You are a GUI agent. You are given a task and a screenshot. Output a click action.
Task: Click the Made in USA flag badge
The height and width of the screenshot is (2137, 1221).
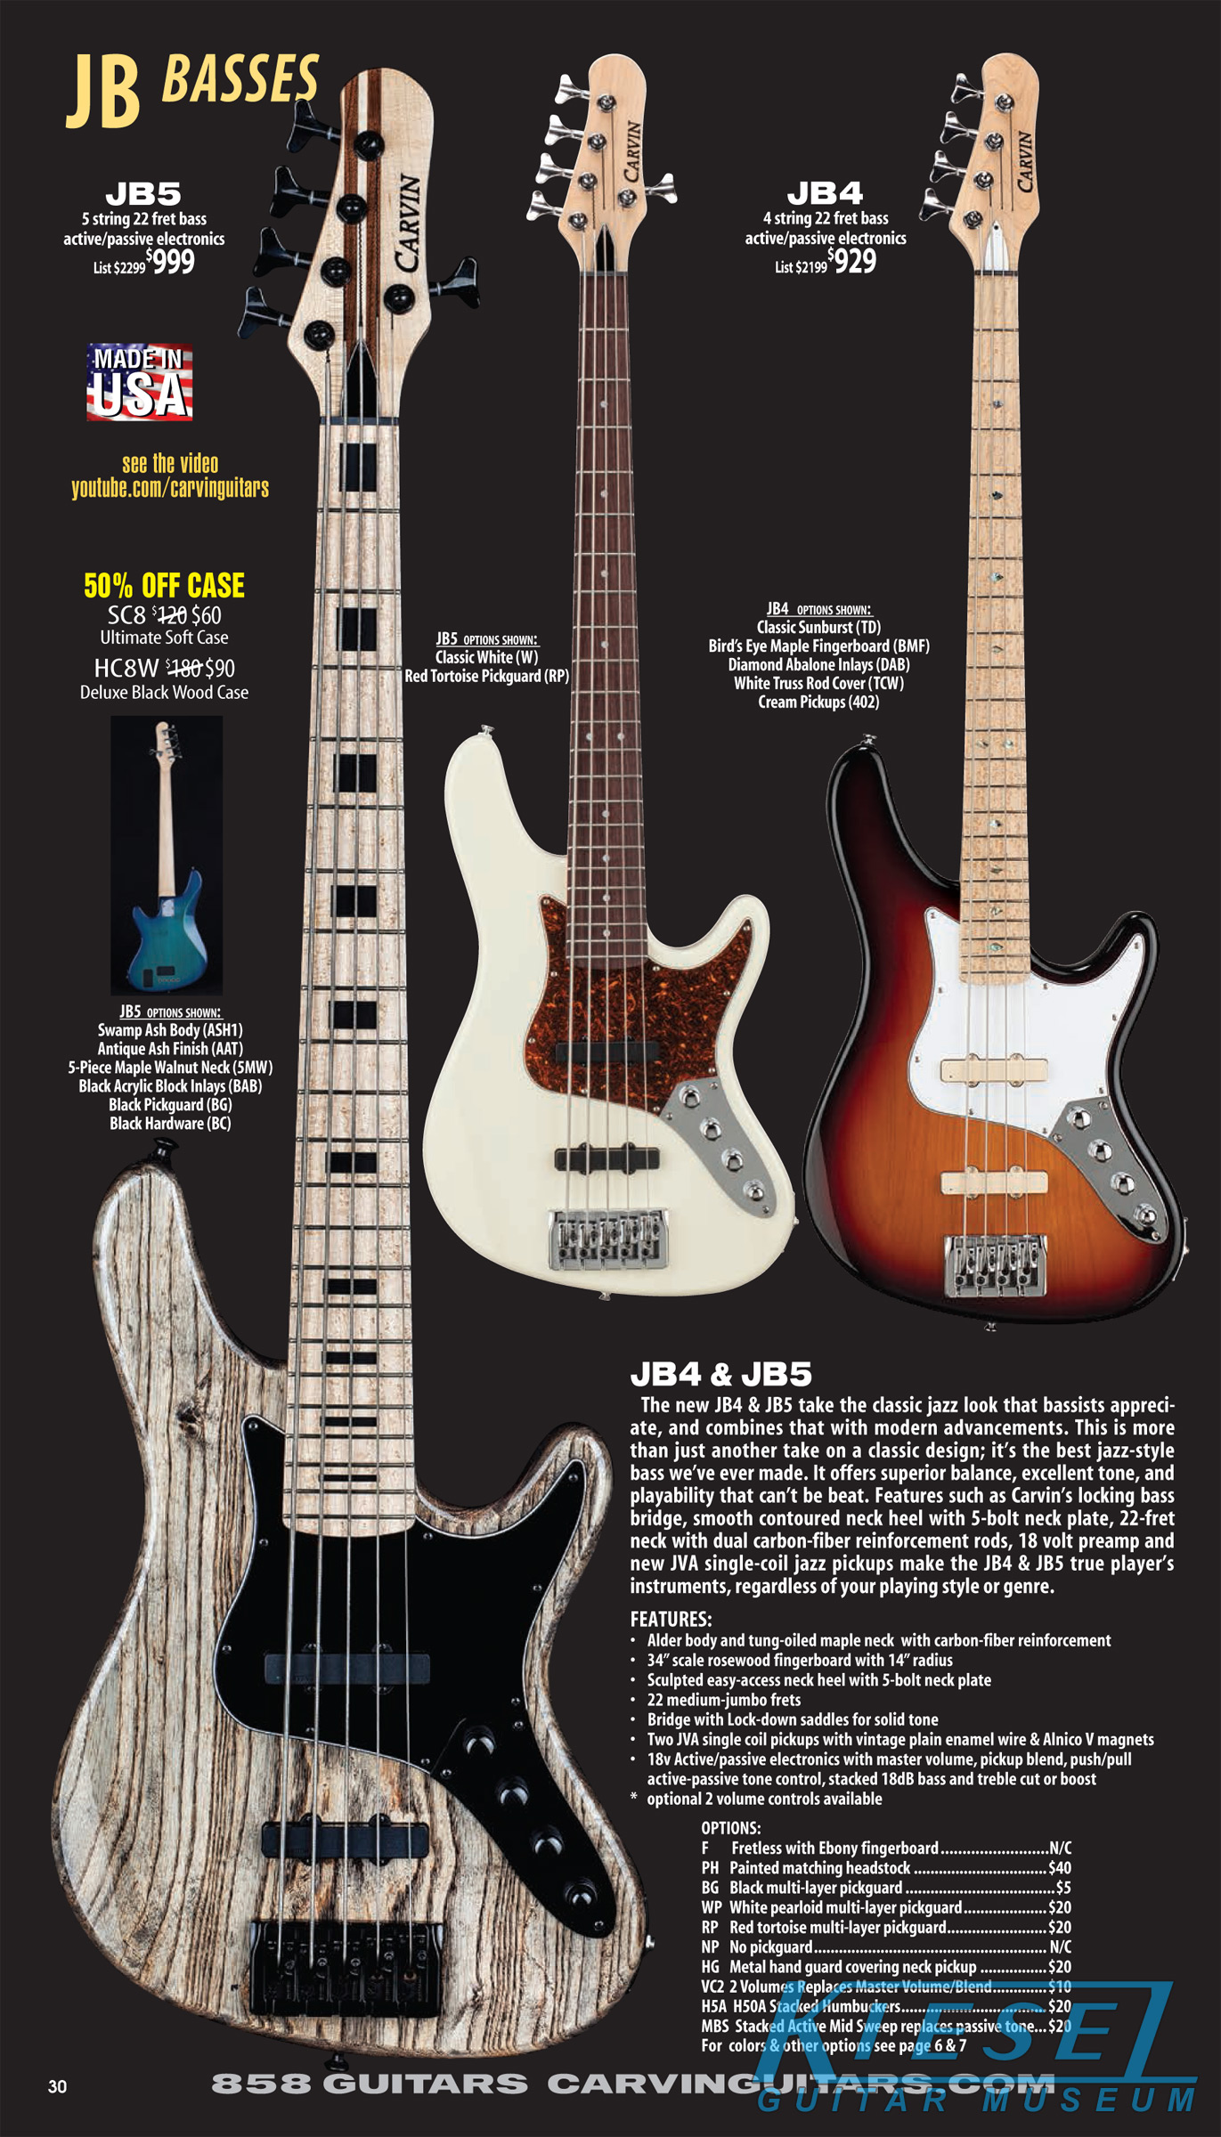coord(140,382)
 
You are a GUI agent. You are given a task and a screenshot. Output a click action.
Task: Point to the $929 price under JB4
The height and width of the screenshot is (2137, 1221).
coord(852,261)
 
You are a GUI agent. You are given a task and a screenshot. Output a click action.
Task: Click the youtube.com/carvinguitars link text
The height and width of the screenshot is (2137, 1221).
coord(170,488)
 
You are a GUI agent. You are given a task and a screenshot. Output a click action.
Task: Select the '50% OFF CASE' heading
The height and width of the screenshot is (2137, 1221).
coord(164,586)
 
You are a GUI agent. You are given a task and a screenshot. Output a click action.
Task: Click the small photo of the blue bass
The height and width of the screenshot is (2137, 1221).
coord(167,855)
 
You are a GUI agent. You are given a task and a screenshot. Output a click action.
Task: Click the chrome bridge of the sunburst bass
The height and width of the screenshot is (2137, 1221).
coord(996,1264)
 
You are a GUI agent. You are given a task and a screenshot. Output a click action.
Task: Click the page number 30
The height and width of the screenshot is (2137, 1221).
coord(57,2086)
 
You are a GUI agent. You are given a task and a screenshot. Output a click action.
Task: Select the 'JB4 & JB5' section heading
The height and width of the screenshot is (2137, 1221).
coord(720,1375)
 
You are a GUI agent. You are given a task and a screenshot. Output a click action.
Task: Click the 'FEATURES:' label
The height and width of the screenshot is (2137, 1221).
coord(671,1619)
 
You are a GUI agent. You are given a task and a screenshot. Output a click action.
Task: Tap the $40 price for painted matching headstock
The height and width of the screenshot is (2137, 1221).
coord(1060,1868)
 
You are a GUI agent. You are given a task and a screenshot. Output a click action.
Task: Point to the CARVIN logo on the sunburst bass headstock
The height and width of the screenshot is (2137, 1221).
coord(1024,161)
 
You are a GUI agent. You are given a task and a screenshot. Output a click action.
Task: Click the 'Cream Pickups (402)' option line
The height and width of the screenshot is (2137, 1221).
coord(818,702)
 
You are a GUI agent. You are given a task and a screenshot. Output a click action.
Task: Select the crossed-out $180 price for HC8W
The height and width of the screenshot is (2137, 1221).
coord(183,668)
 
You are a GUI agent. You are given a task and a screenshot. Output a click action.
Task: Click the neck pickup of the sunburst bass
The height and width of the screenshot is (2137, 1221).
coord(993,1069)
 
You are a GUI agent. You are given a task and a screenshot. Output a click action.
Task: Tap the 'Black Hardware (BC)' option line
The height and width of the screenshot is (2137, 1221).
coord(170,1124)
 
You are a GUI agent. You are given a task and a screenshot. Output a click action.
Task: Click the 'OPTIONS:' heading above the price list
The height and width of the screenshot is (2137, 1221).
coord(730,1828)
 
